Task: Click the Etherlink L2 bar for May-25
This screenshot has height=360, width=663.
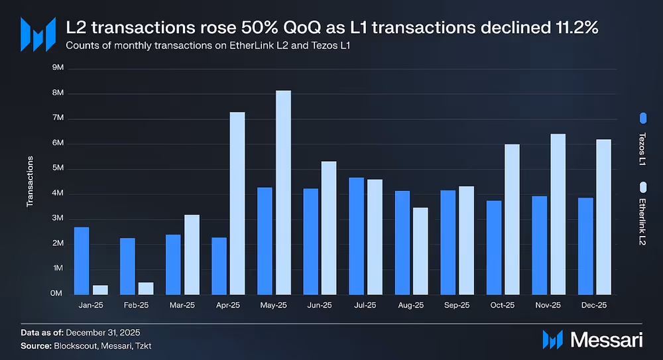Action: pyautogui.click(x=283, y=192)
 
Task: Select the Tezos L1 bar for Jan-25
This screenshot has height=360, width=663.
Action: pyautogui.click(x=82, y=261)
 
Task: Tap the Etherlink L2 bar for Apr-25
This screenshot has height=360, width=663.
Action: pyautogui.click(x=237, y=204)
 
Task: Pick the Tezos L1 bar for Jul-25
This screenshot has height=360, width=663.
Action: pyautogui.click(x=357, y=236)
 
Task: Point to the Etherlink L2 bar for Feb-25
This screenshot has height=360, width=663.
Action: pyautogui.click(x=146, y=288)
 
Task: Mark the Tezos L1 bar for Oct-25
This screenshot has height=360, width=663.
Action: pyautogui.click(x=494, y=247)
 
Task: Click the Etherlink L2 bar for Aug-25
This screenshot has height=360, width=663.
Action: pyautogui.click(x=420, y=251)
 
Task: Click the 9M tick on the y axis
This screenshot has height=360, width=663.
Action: pyautogui.click(x=58, y=68)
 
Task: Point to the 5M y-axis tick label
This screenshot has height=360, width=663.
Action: pyautogui.click(x=58, y=168)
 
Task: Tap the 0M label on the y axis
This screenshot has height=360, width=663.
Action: pyautogui.click(x=58, y=294)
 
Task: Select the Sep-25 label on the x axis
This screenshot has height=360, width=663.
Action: pyautogui.click(x=457, y=306)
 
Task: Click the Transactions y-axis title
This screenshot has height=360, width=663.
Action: pyautogui.click(x=30, y=181)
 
